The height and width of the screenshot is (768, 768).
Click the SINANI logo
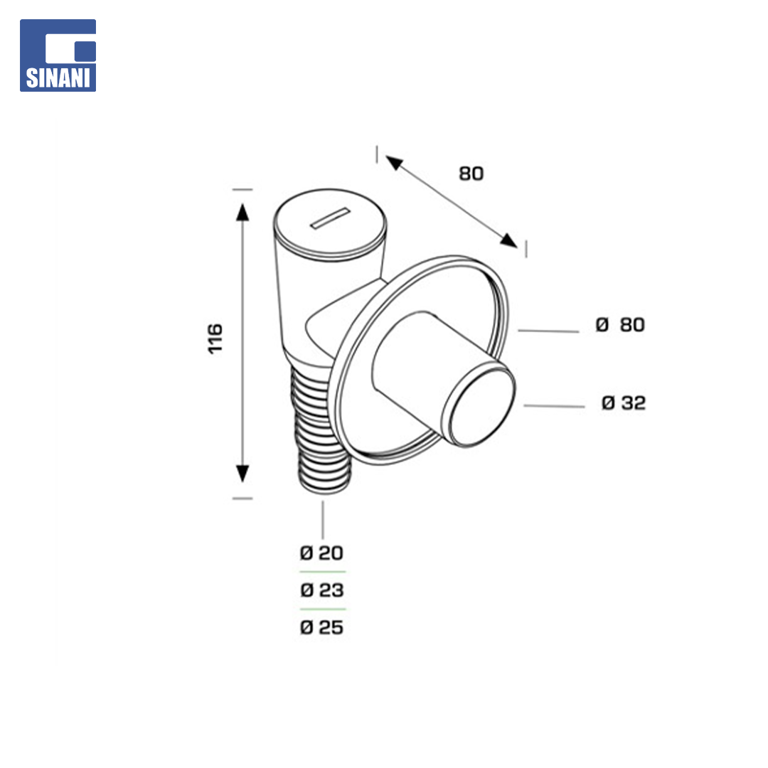58,55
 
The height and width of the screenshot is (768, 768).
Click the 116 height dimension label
215,338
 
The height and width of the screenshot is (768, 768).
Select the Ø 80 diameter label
619,324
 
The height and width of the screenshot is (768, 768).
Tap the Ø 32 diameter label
623,402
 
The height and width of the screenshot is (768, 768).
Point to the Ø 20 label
321,553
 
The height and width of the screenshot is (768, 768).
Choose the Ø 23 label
322,590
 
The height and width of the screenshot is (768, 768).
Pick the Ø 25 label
322,627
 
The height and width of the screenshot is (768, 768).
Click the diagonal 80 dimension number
471,174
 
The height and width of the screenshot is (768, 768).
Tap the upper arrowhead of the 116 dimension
242,212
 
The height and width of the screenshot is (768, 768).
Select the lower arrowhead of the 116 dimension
242,474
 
